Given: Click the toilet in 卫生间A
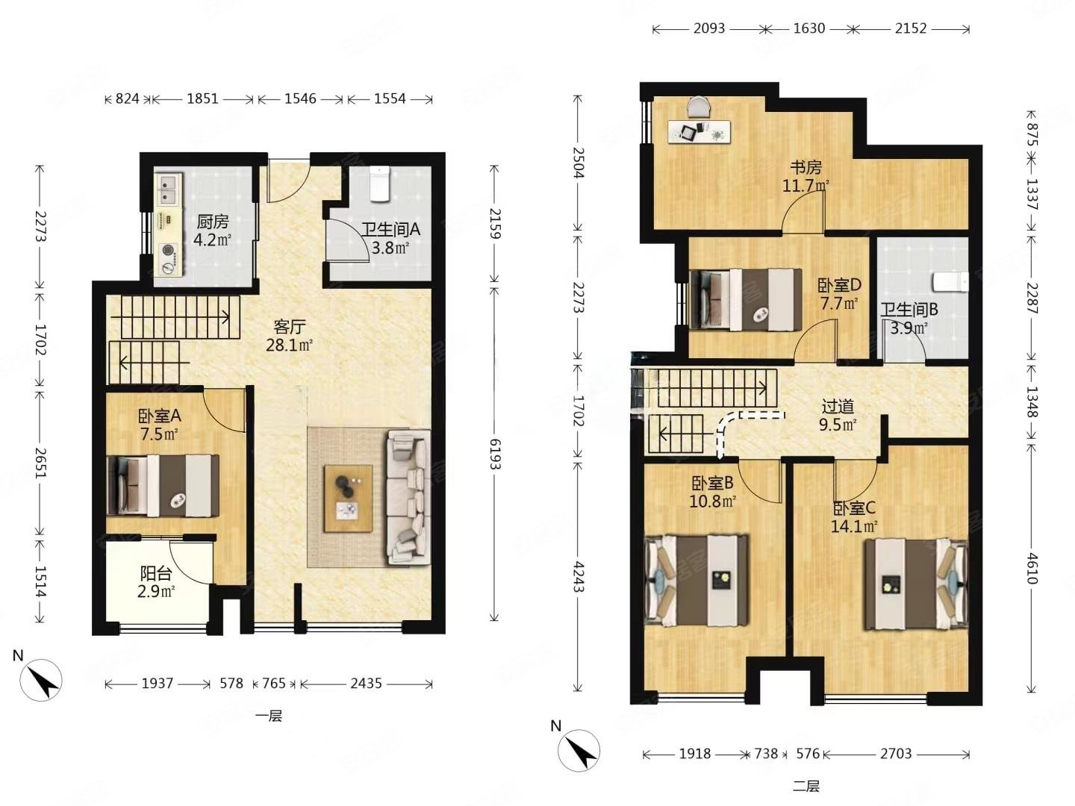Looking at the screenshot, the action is point(379,184).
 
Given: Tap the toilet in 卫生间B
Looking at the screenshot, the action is point(950,282).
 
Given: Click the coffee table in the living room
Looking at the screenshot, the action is point(348,499).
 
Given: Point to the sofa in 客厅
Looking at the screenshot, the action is point(409,497).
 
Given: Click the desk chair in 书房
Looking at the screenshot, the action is point(699,106).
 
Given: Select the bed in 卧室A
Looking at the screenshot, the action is point(163,485).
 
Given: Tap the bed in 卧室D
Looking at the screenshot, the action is point(745,299).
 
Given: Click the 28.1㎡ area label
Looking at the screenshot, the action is point(290,346).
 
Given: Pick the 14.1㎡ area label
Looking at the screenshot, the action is point(854,527).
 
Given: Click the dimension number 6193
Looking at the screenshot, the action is point(495,454).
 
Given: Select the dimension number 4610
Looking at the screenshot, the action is point(1032,568).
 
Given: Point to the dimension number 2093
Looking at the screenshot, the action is point(708,28).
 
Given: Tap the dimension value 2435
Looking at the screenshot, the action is point(366,683).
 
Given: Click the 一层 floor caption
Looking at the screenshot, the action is point(269,717).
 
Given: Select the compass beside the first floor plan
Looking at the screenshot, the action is point(41,680).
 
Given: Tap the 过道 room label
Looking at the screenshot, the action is point(838,406).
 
